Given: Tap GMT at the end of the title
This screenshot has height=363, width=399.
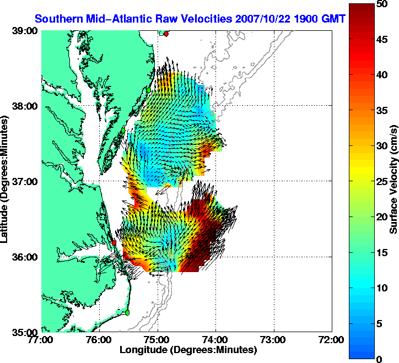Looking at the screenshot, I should coord(333,18).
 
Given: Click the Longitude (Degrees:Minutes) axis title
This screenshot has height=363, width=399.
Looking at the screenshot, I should coord(188,350).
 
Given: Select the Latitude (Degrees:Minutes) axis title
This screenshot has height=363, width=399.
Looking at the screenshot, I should coord(6,182).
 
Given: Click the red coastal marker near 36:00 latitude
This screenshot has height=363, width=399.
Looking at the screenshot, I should coord(114,242).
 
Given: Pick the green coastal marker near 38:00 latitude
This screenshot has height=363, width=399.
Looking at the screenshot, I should coord(148,90).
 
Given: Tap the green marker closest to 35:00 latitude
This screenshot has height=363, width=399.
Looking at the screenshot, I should coord(127,312).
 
